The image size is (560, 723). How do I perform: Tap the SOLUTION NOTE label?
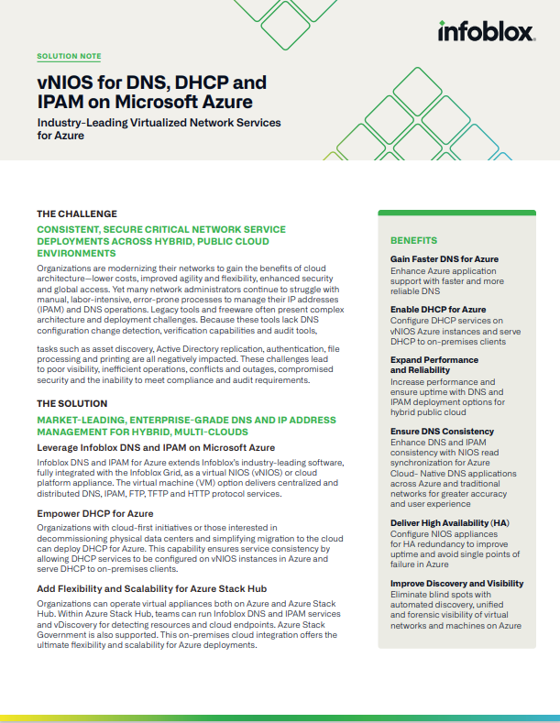69,56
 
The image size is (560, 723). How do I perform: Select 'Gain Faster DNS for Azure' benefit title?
445,259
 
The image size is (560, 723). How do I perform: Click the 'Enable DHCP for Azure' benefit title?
438,310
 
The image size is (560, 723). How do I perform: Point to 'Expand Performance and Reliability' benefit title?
434,365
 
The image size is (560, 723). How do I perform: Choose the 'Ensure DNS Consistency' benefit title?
443,431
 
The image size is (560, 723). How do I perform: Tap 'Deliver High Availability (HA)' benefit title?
450,523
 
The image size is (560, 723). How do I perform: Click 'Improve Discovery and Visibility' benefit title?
456,583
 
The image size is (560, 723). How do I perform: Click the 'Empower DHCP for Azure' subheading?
94,513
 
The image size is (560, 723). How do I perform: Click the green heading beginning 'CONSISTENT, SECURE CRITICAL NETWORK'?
160,240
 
